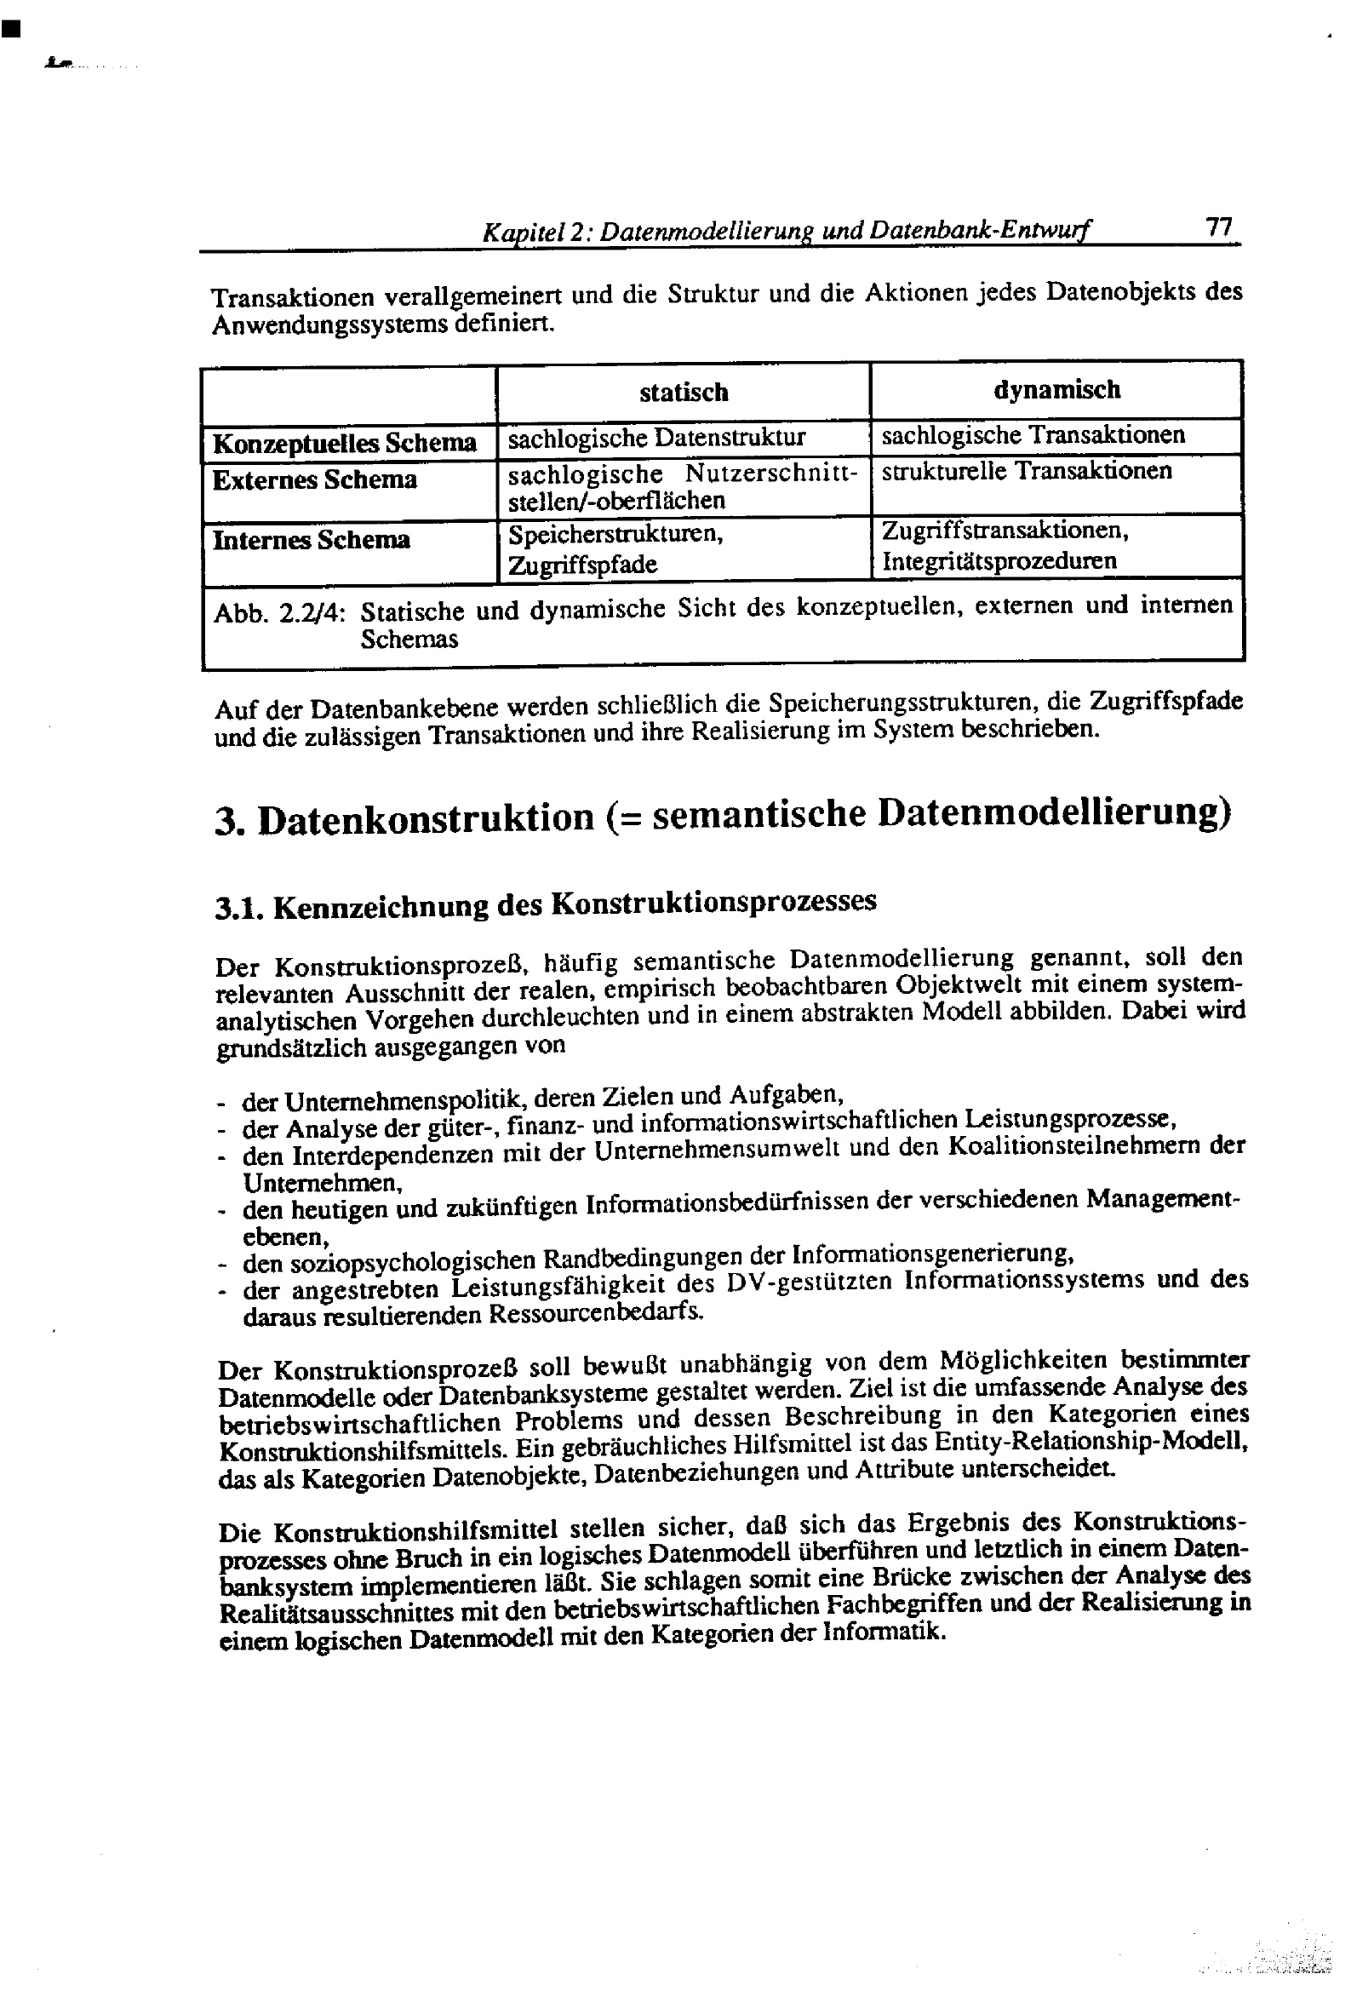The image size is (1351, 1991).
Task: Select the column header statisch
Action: [683, 393]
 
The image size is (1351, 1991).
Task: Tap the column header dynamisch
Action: [1056, 390]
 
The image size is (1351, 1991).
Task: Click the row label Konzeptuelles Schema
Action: [344, 443]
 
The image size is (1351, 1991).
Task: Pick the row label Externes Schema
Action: [314, 479]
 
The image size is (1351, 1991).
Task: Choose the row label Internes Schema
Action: [311, 540]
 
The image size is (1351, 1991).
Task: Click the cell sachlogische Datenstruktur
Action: [656, 438]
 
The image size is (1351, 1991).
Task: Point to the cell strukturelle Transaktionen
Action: [1026, 470]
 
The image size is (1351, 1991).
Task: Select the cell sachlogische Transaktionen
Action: [1033, 434]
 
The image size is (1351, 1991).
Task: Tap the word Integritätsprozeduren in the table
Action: [999, 561]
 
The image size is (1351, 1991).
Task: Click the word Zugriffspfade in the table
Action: [581, 565]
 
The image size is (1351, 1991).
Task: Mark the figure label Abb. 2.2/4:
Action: [279, 613]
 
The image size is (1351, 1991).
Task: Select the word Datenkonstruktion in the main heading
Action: [425, 818]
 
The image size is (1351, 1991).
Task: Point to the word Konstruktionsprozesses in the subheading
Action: [713, 902]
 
